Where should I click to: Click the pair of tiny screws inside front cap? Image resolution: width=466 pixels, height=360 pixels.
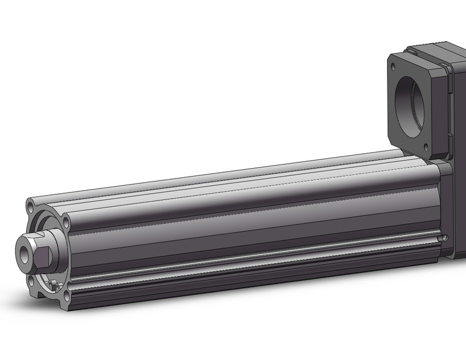(x=54, y=283)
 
